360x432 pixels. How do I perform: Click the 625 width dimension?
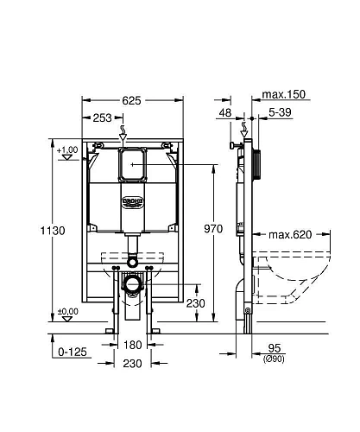tap(133, 101)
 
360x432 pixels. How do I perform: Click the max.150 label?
tap(285, 95)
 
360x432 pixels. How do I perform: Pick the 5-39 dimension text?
tap(280, 111)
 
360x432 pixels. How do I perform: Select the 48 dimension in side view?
tap(224, 111)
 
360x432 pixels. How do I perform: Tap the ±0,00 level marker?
tap(66, 312)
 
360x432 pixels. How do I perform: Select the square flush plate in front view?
tap(132, 161)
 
